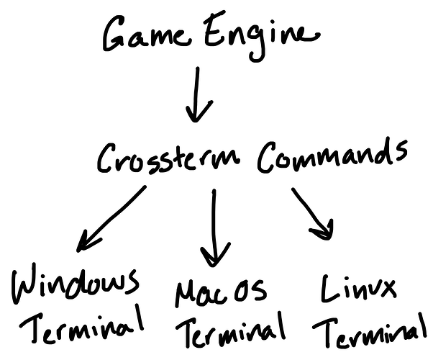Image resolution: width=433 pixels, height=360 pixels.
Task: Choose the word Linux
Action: tap(358, 289)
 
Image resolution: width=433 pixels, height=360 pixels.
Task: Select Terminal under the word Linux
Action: tap(370, 332)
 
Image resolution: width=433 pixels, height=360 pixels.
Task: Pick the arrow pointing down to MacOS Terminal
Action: tap(214, 227)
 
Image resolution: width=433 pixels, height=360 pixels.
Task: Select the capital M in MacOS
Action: tap(186, 294)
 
